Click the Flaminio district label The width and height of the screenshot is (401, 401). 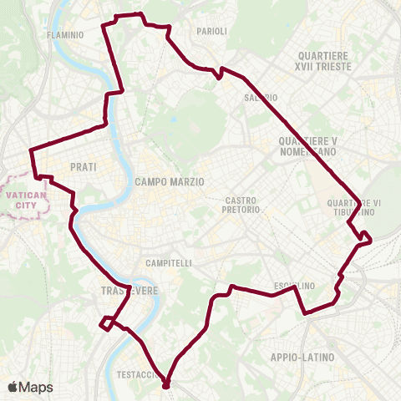point(66,35)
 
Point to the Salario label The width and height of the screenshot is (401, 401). point(261,98)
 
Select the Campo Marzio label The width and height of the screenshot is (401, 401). point(170,181)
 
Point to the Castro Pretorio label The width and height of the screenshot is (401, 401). point(244,205)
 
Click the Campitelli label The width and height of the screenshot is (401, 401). point(169,263)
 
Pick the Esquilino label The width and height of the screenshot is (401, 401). point(295,286)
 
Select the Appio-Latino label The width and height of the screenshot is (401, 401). point(302,358)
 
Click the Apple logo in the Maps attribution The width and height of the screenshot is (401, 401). point(13,387)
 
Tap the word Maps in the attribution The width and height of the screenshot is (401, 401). point(37,387)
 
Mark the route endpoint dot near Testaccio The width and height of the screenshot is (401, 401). point(165,385)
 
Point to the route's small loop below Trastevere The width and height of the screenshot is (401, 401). point(107,323)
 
